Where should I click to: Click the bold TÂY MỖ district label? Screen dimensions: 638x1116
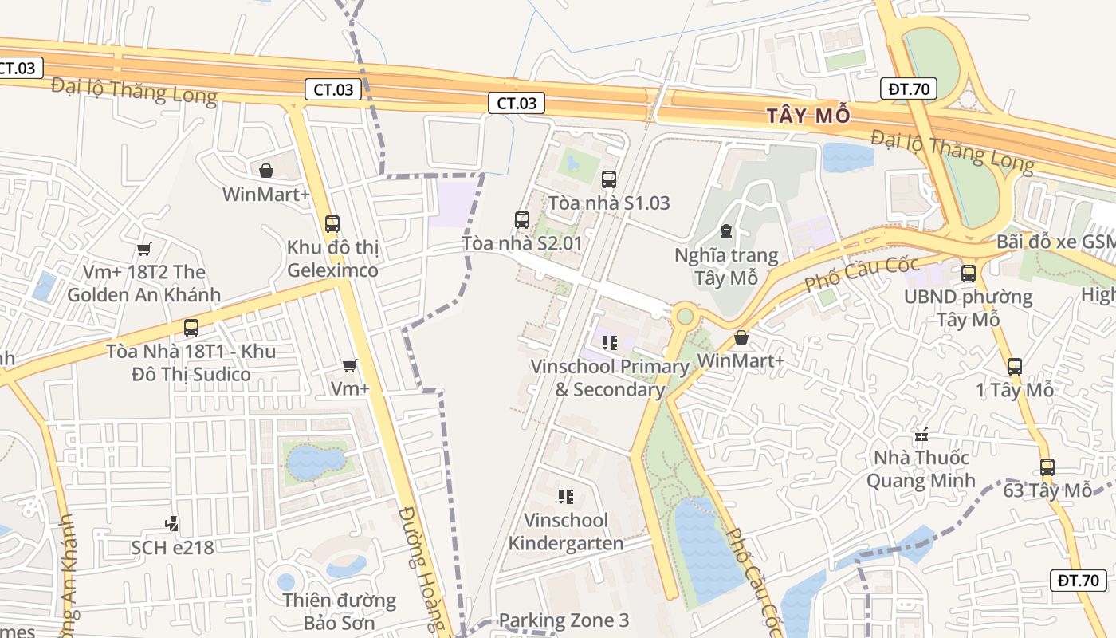(x=808, y=116)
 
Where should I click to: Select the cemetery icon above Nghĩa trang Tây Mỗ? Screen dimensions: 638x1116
(x=725, y=231)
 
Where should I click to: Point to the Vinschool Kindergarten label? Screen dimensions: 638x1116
(x=566, y=532)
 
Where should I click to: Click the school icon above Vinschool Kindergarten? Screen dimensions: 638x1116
(x=566, y=497)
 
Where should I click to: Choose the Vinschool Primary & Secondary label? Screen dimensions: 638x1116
(x=610, y=378)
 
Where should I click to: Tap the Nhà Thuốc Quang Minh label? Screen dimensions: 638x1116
(x=921, y=469)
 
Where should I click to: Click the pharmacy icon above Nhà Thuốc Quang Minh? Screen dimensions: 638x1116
(x=922, y=435)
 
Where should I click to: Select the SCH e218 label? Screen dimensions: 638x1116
(x=172, y=548)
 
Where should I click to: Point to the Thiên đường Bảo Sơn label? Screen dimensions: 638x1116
(x=339, y=611)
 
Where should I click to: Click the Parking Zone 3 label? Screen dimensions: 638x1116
(x=564, y=620)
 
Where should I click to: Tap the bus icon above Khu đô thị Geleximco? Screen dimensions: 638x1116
(x=332, y=224)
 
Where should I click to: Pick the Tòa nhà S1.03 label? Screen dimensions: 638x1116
(x=609, y=203)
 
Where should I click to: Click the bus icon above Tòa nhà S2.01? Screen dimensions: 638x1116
(x=522, y=219)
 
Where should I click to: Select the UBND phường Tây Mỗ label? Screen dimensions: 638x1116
(x=968, y=308)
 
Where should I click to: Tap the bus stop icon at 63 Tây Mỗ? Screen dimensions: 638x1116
(x=1047, y=467)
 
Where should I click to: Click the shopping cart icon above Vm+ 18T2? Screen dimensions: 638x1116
(x=144, y=250)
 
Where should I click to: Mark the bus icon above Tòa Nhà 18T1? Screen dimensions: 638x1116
(x=191, y=327)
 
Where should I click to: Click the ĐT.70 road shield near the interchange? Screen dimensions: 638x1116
(x=908, y=89)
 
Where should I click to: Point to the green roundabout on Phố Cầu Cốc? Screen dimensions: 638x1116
(x=685, y=317)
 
